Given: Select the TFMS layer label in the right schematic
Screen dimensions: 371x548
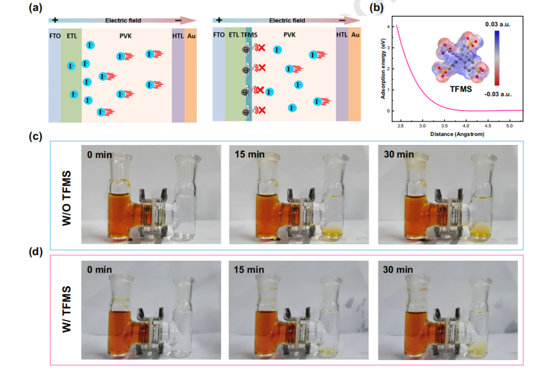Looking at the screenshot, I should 247,35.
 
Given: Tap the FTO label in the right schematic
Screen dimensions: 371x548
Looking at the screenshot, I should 219,35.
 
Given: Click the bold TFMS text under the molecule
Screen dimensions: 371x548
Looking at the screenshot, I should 461,87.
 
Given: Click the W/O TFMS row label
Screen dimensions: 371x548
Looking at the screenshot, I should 67,195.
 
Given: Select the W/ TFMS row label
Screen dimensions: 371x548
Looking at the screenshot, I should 67,310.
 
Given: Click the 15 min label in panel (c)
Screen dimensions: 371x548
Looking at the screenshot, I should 249,154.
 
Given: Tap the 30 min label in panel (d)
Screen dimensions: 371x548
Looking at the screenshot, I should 399,269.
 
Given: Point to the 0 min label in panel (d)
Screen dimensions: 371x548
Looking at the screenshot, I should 100,269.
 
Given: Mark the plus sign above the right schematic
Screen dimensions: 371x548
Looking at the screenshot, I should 219,20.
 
